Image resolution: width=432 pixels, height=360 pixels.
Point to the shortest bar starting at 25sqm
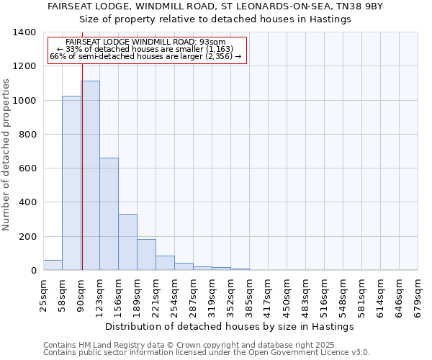point(53,265)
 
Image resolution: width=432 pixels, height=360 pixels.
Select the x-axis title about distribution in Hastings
point(230,326)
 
